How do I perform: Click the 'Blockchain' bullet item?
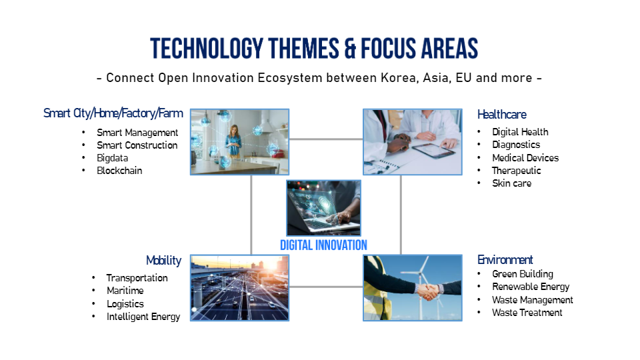119,171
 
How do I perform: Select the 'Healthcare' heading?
501,114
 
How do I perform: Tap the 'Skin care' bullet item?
511,183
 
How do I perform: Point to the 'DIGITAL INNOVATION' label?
324,245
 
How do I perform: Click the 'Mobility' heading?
164,261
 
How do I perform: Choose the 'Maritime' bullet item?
125,291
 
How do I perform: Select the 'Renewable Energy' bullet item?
531,287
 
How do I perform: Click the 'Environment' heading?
505,259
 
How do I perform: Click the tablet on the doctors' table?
433,151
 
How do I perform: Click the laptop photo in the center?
324,208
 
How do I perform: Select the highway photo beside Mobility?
239,288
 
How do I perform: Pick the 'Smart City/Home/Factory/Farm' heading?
113,113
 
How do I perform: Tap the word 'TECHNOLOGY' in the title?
207,49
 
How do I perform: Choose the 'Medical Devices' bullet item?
525,158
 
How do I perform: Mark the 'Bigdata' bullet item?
112,158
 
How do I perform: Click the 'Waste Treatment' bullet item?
527,313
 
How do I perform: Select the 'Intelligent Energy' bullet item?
143,317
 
